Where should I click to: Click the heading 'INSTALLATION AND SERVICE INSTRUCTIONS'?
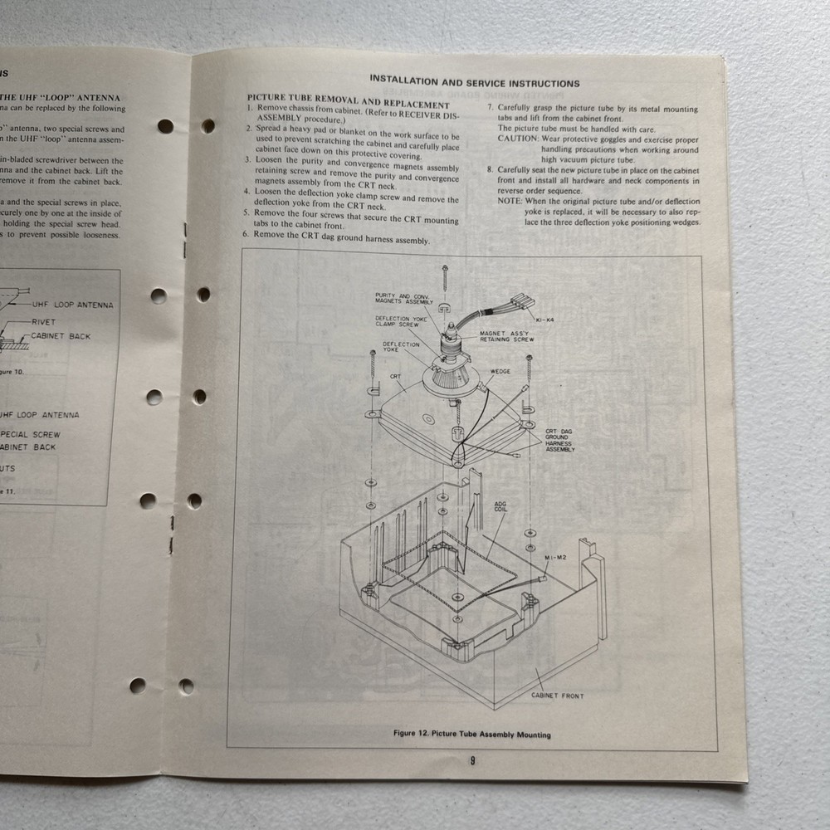pos(475,83)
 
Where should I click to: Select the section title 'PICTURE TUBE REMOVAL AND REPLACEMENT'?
pos(349,96)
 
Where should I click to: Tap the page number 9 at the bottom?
pos(472,762)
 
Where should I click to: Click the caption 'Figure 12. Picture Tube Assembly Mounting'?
pos(472,735)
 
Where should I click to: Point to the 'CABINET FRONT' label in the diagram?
pos(557,696)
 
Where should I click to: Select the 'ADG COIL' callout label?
pos(500,507)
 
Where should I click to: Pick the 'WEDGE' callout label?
pos(500,372)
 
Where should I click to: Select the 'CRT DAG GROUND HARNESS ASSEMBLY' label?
pos(559,441)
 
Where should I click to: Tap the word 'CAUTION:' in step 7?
pos(518,139)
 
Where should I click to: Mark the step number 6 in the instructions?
pos(247,234)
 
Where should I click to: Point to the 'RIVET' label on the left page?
pos(44,321)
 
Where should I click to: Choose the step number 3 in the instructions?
pos(247,159)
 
